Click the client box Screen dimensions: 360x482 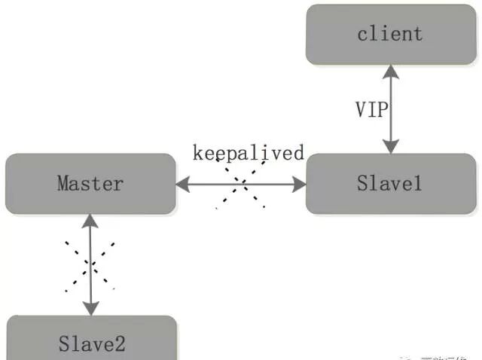coord(390,34)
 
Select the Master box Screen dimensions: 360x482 coord(90,183)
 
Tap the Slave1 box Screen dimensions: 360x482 coord(390,183)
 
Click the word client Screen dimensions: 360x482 coord(390,34)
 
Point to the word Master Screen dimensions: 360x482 coord(90,183)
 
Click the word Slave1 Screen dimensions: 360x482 coord(390,183)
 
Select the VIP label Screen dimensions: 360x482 coord(371,110)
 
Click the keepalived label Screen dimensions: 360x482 coord(248,153)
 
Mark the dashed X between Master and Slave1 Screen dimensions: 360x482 coord(242,184)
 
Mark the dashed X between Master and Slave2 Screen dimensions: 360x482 coord(90,265)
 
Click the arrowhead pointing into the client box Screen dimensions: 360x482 coord(390,71)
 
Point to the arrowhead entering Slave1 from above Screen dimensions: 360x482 coord(390,148)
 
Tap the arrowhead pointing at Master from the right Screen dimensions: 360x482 coord(183,183)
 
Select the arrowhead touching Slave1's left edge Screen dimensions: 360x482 coord(299,183)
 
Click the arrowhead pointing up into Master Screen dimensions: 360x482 coord(90,220)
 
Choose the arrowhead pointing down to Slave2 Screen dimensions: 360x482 coord(90,309)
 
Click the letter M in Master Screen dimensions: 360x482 coord(63,183)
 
